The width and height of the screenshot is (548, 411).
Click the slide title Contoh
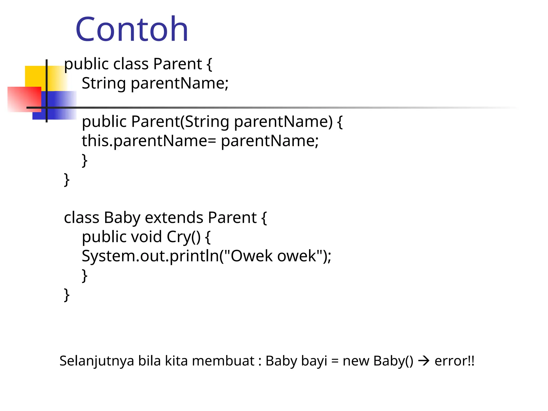[x=132, y=29]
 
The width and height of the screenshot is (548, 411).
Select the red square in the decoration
[x=24, y=99]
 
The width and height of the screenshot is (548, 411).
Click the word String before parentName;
[x=104, y=83]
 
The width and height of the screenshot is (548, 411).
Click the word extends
[x=174, y=218]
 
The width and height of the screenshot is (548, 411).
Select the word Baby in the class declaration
[x=122, y=218]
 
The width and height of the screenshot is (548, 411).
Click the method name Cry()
[x=183, y=237]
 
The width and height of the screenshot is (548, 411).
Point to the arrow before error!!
[x=424, y=361]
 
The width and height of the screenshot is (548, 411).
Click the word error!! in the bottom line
[x=454, y=361]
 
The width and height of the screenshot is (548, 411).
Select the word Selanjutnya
[x=96, y=361]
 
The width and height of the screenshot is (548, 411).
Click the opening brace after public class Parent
[x=209, y=65]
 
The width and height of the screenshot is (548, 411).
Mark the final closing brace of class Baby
[x=67, y=295]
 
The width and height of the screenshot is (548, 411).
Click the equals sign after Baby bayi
[x=335, y=361]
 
